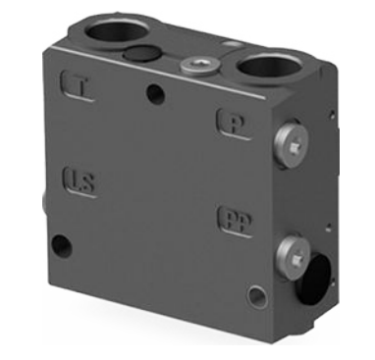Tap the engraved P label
click(234, 123)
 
